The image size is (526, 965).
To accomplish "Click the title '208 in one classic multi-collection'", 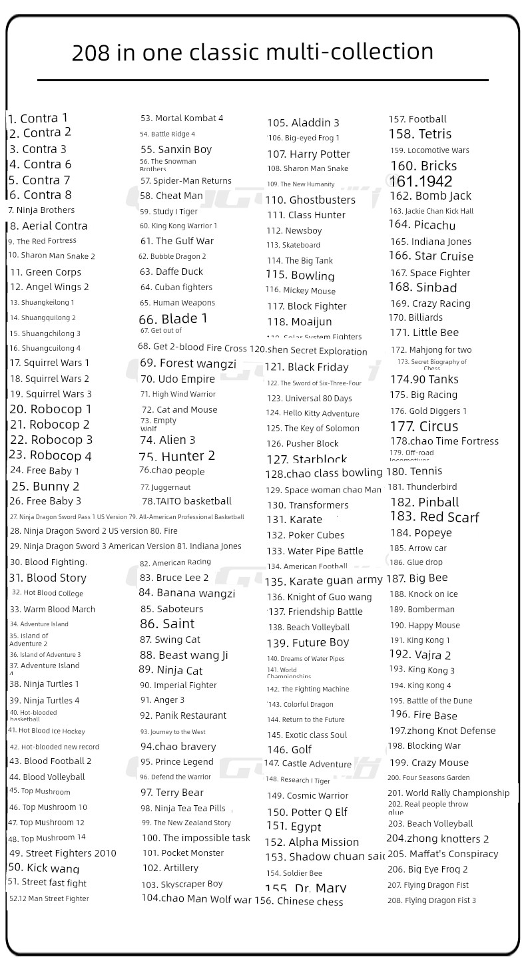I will tap(252, 52).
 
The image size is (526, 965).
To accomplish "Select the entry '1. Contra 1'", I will tap(38, 118).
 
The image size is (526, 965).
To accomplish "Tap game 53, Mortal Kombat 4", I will tap(182, 118).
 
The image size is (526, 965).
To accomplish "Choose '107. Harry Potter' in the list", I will tap(308, 154).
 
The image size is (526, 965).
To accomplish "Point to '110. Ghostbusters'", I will tap(310, 200).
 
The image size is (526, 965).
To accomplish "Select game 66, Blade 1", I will tap(173, 318).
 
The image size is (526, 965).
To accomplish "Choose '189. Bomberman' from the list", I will tap(422, 610).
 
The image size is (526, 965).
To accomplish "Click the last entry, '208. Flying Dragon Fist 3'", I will tap(431, 900).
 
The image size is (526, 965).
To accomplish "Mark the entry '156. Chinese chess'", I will tap(299, 902).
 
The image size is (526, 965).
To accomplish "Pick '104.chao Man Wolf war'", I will tap(196, 898).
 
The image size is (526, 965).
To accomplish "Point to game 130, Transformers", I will tap(308, 505).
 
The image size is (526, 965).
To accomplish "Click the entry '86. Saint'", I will tap(167, 624).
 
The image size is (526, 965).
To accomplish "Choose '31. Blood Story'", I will tap(47, 578).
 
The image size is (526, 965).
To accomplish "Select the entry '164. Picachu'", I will tap(422, 225).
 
